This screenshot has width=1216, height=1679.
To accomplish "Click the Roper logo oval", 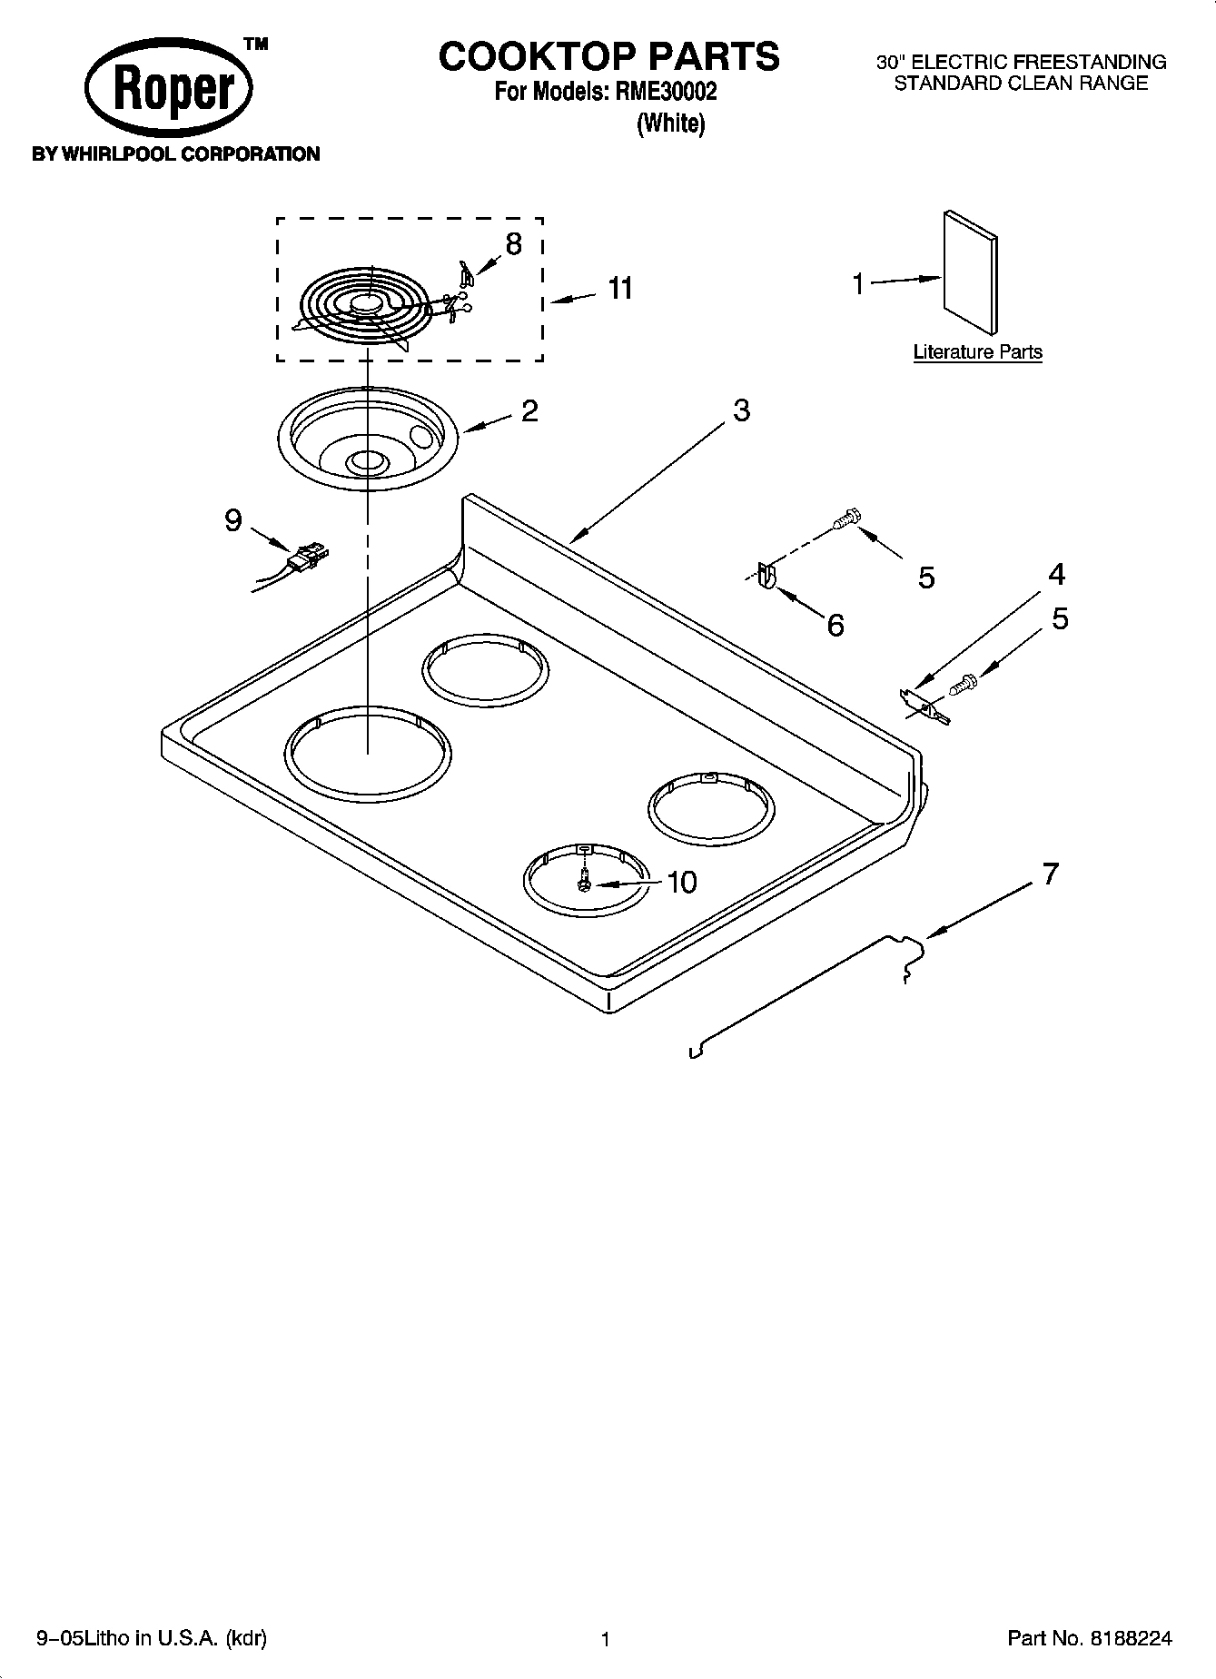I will click(x=169, y=92).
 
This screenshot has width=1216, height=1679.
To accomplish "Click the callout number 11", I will click(x=620, y=289).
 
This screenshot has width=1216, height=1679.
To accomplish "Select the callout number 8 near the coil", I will click(x=514, y=244).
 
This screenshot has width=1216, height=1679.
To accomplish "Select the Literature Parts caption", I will click(x=977, y=352).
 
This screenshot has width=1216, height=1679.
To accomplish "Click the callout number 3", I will click(x=741, y=411).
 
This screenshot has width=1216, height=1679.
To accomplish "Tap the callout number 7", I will click(x=1050, y=874).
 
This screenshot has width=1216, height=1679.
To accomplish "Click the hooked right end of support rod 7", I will click(x=912, y=957).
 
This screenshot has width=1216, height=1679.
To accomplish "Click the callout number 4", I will click(x=1056, y=575).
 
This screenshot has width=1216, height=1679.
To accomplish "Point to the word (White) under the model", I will click(x=671, y=123).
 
